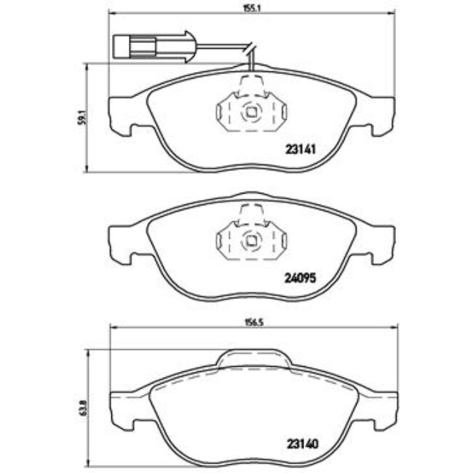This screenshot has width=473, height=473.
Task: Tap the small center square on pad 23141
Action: [252, 113]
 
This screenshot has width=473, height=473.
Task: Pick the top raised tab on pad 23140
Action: [253, 357]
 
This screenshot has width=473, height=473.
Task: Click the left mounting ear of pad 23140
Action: [122, 410]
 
